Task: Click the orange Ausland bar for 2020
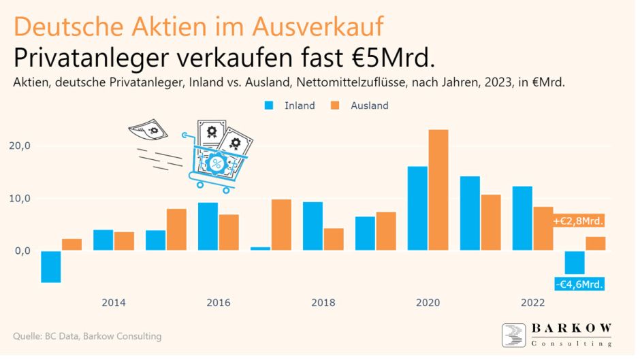click(438, 190)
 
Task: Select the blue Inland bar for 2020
click(417, 208)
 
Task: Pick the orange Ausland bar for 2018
click(334, 240)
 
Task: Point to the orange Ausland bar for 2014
click(124, 242)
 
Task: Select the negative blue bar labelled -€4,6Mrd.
click(574, 263)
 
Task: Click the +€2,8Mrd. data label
click(578, 221)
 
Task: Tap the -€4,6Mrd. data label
click(579, 284)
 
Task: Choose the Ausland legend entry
click(360, 105)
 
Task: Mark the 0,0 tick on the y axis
click(23, 250)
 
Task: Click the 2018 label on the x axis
click(323, 303)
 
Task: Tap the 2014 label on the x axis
click(113, 303)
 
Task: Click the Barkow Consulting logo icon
click(513, 335)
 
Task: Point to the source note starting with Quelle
click(87, 336)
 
